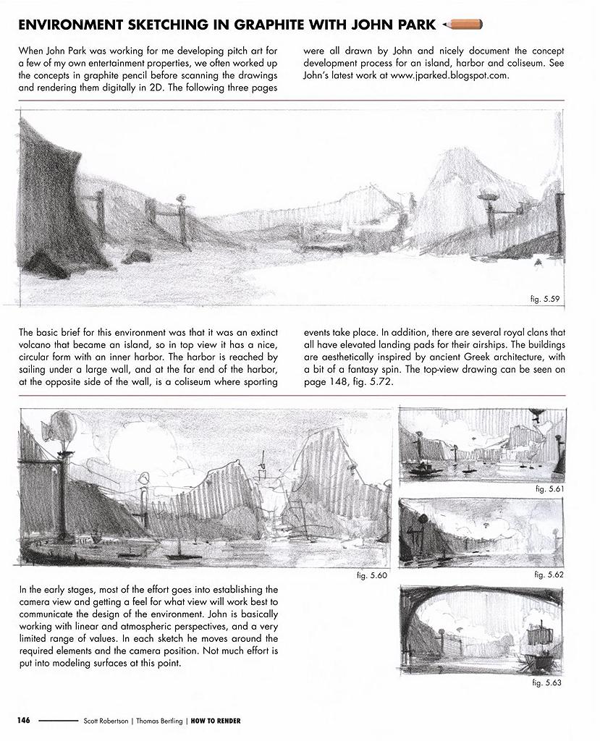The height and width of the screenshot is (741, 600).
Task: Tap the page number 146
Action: [x=25, y=721]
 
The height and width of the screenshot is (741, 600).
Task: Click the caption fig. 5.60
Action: [x=373, y=575]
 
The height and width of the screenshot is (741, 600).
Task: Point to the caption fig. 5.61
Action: [x=549, y=489]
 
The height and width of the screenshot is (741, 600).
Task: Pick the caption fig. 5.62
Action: [x=549, y=575]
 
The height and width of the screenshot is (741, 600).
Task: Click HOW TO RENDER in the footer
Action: [x=216, y=721]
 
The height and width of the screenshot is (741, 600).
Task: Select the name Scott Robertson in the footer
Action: [x=107, y=721]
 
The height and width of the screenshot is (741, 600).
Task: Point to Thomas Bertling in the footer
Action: [x=159, y=721]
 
